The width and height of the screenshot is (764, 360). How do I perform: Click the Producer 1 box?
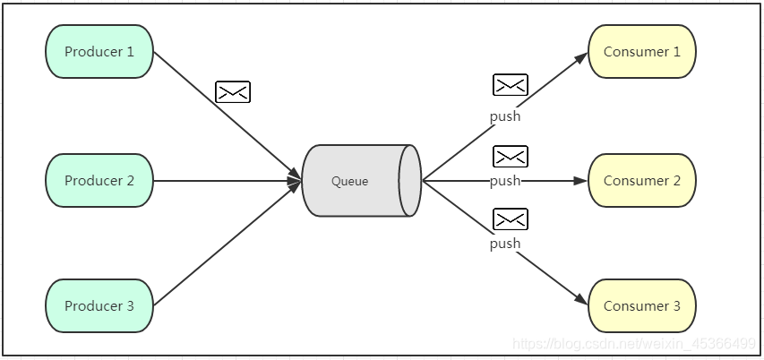point(99,52)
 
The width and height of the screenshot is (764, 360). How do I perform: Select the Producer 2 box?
point(99,181)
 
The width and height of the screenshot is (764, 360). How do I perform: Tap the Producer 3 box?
point(99,306)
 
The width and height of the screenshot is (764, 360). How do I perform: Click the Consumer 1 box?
point(641,52)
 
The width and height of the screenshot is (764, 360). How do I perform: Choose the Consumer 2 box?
point(641,181)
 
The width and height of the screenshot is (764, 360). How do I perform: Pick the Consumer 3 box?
point(641,306)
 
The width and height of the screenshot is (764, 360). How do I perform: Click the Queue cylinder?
point(361,181)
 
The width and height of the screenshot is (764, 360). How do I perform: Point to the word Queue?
point(349,182)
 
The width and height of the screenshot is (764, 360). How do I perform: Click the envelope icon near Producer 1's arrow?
point(233,91)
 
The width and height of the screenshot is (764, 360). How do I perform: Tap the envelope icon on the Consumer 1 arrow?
point(510,85)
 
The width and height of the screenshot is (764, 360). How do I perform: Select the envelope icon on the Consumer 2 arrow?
point(510,157)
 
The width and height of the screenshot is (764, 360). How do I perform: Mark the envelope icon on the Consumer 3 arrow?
point(510,219)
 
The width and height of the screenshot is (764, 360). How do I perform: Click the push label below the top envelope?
point(504,116)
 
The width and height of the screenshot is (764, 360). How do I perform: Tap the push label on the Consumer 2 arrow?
point(504,181)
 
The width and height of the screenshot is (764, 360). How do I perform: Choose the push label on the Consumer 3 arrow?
point(504,244)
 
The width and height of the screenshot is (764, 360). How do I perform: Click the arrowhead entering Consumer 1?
point(579,58)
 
